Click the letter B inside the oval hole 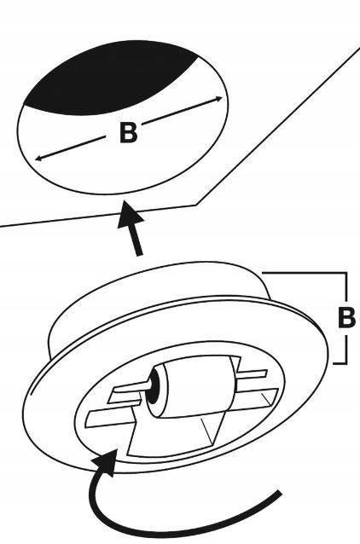point(128,132)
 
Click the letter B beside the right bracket point(346,316)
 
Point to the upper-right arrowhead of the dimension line point(219,99)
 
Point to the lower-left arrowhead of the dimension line point(38,159)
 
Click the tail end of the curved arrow point(280,493)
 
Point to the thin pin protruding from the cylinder point(148,385)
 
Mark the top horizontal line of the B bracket point(304,274)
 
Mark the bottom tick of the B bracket point(340,363)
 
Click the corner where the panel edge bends point(196,205)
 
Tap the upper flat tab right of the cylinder point(253,374)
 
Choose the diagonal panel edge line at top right point(278,125)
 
